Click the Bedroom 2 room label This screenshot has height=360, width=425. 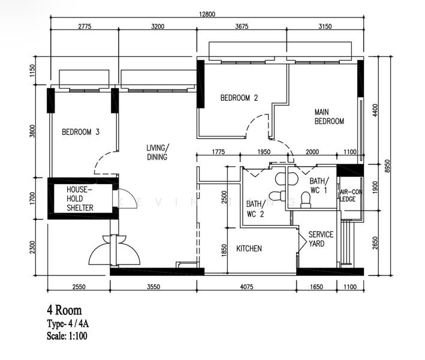pos(239,98)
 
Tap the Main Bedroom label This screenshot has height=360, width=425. pos(329,116)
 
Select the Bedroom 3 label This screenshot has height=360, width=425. pos(81,132)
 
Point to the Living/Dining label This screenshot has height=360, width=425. pos(158,152)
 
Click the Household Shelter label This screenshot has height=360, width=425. pos(80,199)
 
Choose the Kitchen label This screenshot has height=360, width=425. pos(249,248)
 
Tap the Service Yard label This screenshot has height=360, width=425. pos(321,239)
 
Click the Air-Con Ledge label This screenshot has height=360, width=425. pos(351,196)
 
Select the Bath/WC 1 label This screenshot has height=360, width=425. pos(319,185)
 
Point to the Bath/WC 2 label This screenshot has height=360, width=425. pos(255,209)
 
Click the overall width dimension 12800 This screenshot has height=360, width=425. pos(207,14)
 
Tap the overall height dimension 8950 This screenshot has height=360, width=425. pos(388,166)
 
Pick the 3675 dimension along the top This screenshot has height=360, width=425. pos(242,26)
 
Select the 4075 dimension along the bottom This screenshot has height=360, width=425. pos(246,287)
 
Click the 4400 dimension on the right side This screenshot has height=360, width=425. pos(375,110)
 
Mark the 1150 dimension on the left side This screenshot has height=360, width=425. pos(32,71)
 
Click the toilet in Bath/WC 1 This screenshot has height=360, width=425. pos(306,200)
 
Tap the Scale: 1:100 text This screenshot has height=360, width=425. pos(67,336)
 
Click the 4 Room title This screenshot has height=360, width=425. pos(64,310)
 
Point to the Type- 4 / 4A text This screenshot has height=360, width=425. pos(68,323)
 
